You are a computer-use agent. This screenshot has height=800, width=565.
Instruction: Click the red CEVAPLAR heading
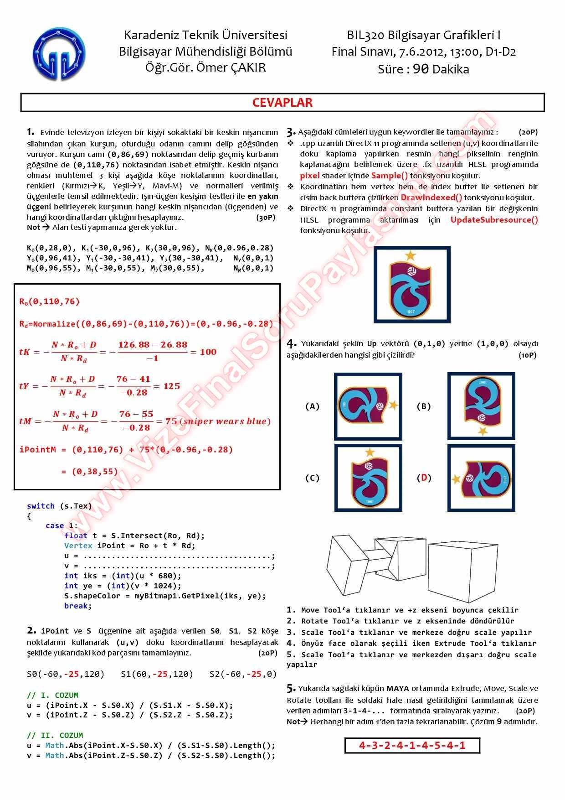(x=282, y=103)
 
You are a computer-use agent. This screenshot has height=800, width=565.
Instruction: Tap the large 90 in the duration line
(x=421, y=69)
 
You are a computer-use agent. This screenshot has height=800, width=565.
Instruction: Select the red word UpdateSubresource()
(x=494, y=220)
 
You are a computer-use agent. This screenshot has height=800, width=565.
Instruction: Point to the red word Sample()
(x=389, y=176)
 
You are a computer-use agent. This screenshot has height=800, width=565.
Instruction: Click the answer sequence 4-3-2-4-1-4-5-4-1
(x=412, y=745)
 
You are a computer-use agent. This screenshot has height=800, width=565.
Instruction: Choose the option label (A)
(x=312, y=406)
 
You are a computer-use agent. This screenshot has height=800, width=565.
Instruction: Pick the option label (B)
(x=423, y=406)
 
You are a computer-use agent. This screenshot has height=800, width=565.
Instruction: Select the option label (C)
(x=312, y=478)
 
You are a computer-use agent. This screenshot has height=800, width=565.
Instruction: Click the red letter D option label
(x=424, y=478)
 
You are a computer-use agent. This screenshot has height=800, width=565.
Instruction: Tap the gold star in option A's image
(x=393, y=405)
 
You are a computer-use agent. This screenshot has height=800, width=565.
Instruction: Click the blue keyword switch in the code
(x=41, y=506)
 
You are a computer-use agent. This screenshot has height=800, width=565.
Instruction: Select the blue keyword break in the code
(x=77, y=606)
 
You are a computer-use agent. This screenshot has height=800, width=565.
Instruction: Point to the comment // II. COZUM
(x=55, y=735)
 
